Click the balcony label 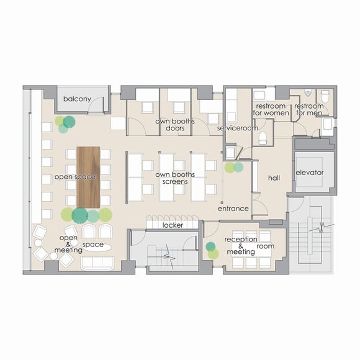tap(77, 99)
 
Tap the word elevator tap(310, 173)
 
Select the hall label tap(274, 178)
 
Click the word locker tap(173, 225)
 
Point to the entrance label tap(233, 209)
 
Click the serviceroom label tap(237, 128)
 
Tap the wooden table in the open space tap(88, 178)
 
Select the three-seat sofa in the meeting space tap(97, 263)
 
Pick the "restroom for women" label tap(271, 109)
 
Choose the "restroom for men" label tap(309, 109)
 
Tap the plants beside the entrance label tap(234, 168)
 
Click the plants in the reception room tap(212, 251)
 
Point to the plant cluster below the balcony tap(65, 124)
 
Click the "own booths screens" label tap(175, 178)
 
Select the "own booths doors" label tap(175, 125)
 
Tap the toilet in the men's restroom tap(325, 97)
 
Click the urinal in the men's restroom tap(308, 93)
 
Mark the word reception tap(241, 240)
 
